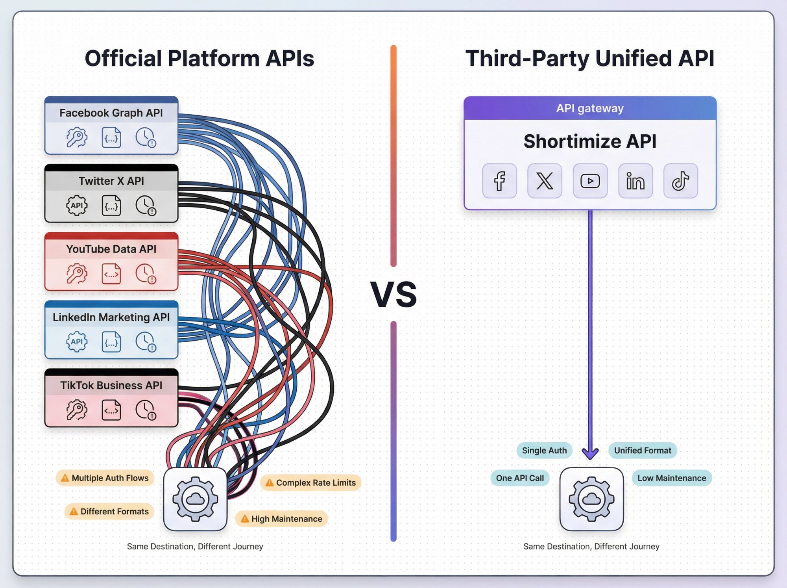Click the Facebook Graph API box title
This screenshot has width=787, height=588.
tap(111, 113)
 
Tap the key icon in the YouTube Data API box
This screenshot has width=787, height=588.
tap(77, 274)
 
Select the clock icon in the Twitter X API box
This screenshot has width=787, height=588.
tap(146, 206)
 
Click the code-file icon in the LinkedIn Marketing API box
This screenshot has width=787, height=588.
tap(111, 341)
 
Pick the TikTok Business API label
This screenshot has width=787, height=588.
tap(111, 385)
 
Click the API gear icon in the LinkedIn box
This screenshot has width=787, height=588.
tap(77, 341)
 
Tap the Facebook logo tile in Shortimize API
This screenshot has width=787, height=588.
tap(499, 181)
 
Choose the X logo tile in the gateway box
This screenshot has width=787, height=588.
tap(545, 181)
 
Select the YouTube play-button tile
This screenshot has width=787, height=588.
tap(590, 181)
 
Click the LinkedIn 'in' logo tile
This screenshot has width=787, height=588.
tap(635, 181)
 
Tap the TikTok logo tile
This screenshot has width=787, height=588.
tap(680, 181)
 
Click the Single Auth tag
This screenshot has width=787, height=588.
tap(544, 451)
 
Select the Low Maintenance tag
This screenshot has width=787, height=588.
tap(672, 478)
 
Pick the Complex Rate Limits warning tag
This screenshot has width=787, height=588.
tap(311, 483)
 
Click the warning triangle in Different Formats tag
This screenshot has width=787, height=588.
tap(74, 512)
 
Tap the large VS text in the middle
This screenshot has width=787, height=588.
tap(393, 295)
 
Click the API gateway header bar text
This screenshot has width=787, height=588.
tap(589, 108)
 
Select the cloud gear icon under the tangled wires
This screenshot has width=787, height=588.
tap(195, 499)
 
